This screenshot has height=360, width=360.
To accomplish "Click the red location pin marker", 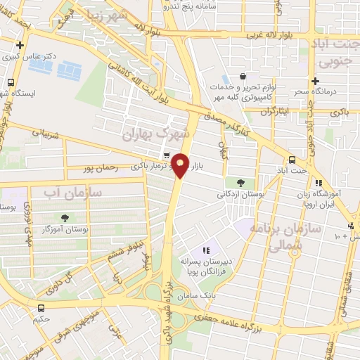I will [x=181, y=165].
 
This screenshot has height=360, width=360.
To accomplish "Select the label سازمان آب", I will [x=72, y=192].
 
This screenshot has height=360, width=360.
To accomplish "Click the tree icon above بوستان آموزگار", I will [x=65, y=219].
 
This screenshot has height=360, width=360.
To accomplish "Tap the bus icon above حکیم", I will [x=41, y=307].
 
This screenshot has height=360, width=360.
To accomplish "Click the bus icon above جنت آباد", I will [x=292, y=160].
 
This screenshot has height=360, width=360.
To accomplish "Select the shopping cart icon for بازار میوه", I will [x=166, y=156].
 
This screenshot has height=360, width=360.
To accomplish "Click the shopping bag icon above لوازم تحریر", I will [x=243, y=76].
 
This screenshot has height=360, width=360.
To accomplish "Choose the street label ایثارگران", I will [x=274, y=112].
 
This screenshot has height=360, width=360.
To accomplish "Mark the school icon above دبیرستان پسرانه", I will [x=206, y=250].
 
